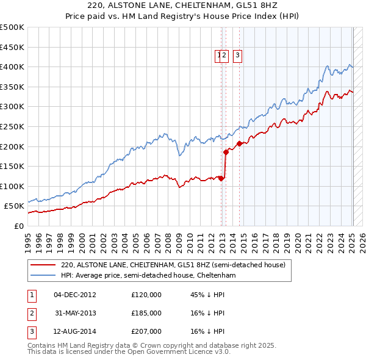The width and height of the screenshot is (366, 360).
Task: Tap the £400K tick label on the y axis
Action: (x=12, y=67)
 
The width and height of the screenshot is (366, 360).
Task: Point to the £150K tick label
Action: (x=12, y=166)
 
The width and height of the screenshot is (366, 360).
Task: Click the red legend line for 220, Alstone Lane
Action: (x=43, y=265)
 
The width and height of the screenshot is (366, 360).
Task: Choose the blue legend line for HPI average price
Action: (x=43, y=276)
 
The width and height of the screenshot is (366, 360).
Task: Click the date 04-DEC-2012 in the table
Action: (x=75, y=295)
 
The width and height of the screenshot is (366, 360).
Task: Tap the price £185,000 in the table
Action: (x=146, y=313)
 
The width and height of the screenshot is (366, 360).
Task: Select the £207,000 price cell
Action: (x=146, y=331)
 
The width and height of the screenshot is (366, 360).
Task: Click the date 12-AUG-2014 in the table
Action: (x=75, y=331)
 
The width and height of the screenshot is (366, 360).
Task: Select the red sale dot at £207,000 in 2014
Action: (x=239, y=143)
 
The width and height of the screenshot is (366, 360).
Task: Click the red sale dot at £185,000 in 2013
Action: (x=226, y=152)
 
